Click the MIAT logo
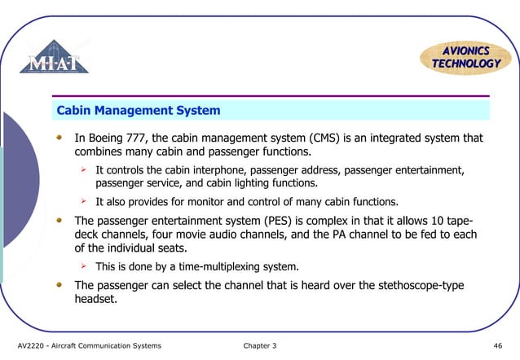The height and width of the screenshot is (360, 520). point(59,59)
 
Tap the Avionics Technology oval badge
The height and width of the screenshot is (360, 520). point(465,56)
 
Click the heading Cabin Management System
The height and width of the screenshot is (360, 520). point(138,110)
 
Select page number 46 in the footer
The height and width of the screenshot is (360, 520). point(498,346)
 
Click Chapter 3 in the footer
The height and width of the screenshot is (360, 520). point(260,346)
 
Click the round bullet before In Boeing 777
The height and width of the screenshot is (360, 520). point(59,138)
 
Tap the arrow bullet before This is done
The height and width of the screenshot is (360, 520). point(83,266)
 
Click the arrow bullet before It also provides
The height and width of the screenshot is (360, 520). point(83,201)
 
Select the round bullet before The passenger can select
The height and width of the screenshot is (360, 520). point(59,285)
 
